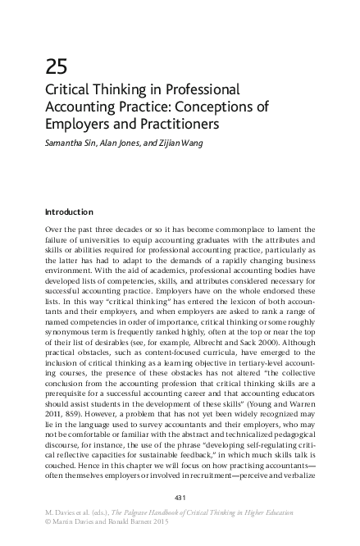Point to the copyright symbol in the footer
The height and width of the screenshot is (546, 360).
(x=48, y=523)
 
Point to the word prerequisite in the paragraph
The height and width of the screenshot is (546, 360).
(x=72, y=407)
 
